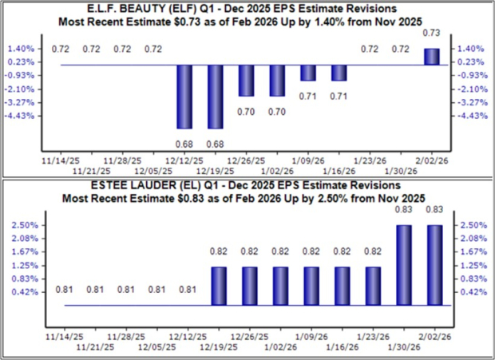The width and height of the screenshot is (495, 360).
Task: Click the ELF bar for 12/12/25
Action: (x=184, y=97)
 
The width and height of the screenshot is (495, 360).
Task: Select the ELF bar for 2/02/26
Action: (x=430, y=57)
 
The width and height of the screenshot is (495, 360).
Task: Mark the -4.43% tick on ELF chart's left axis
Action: (x=23, y=116)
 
